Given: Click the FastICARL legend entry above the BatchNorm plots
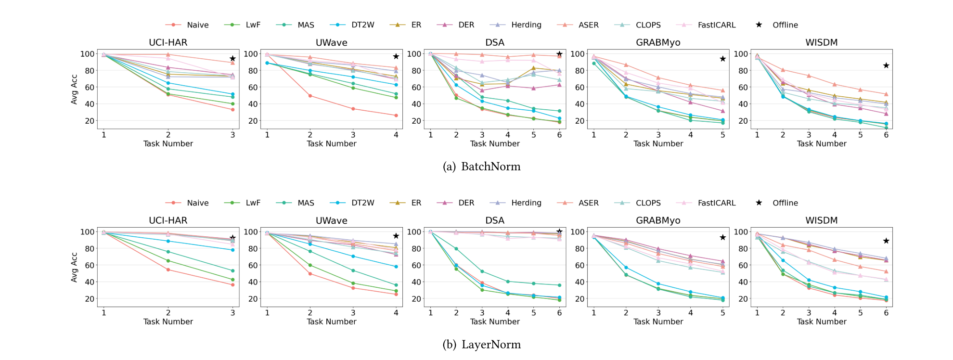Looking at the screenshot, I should point(716,25).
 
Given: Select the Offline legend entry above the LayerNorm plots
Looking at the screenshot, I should point(785,203).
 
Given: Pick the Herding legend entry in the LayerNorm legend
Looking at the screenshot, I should point(526,203).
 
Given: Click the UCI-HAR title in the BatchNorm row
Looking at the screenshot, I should point(168,42).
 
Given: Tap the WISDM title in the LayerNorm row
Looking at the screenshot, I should point(821,220).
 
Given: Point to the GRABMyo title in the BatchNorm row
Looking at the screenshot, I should point(658,42).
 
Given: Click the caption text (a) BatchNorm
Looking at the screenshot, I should point(481,167).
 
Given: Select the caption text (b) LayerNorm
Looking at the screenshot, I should point(481,345).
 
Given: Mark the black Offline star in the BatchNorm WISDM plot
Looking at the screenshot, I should point(886,65).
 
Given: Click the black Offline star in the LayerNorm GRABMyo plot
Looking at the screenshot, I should point(722,237).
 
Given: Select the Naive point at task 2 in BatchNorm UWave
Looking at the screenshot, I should point(310,96).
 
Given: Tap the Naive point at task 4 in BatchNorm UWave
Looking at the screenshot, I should point(396,116).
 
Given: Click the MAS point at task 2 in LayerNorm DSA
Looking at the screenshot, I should point(456,249).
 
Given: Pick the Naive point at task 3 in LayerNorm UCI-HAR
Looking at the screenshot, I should point(232,285).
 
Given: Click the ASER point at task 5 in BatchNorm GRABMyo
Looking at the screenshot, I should point(722,90).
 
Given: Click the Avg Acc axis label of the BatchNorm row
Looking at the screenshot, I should point(74,89).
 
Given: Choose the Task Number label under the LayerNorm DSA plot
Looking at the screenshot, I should point(495,321).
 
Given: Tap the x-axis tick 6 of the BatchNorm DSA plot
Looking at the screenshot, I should point(559,135).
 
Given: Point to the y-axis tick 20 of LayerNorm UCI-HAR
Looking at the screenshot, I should point(90,299).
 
